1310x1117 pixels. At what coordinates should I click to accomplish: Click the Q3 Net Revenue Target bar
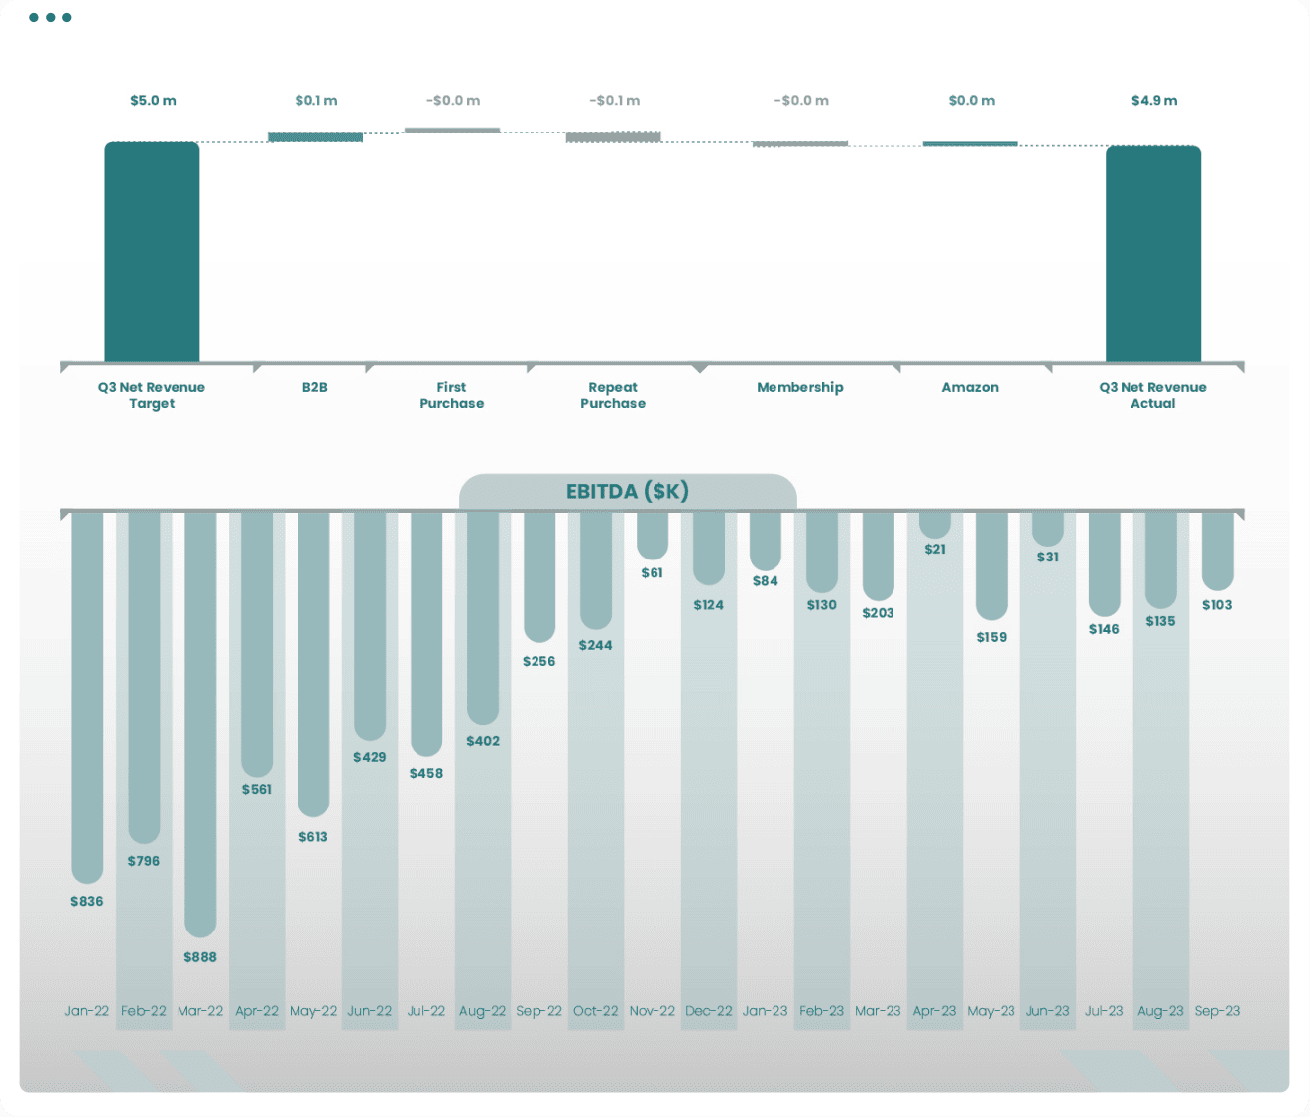click(x=152, y=252)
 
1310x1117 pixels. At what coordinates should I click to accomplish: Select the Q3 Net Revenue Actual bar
click(x=1153, y=254)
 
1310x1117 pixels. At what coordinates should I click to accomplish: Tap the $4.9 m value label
click(x=1154, y=101)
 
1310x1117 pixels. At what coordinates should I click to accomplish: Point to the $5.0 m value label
click(x=153, y=101)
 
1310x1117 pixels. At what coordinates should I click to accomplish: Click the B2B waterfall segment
click(x=315, y=137)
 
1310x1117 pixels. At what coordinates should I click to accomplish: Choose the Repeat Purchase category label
click(x=613, y=395)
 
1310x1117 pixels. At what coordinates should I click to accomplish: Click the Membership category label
click(x=800, y=387)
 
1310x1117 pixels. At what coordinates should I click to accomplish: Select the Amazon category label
click(x=970, y=387)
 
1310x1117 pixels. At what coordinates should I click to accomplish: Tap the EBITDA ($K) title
click(x=628, y=491)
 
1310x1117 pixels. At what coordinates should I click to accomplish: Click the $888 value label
click(x=200, y=957)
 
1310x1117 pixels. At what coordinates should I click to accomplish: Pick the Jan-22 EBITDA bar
click(x=87, y=694)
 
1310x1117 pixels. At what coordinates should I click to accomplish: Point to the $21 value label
click(x=935, y=549)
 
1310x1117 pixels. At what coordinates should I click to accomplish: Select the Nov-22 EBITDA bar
click(x=653, y=536)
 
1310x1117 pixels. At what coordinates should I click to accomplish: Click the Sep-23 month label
click(x=1217, y=1011)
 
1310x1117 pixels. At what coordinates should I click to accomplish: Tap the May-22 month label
click(x=313, y=1011)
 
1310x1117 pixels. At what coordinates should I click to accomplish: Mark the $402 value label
click(x=483, y=741)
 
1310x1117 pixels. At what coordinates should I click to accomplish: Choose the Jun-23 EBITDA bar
click(x=1048, y=528)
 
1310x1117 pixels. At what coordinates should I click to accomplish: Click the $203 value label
click(x=879, y=613)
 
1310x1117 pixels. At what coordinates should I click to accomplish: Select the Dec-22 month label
click(x=709, y=1011)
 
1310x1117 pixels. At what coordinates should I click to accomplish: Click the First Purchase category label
click(x=452, y=395)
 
